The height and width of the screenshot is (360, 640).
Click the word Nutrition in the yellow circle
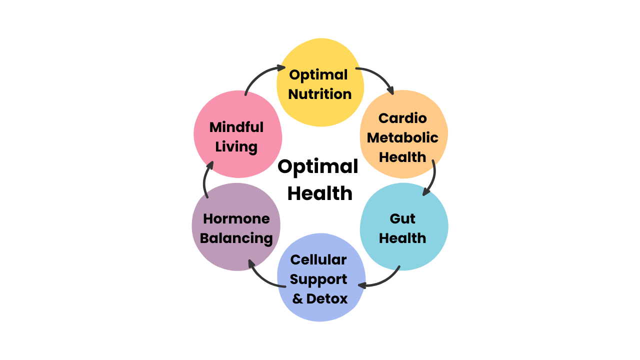[320, 94]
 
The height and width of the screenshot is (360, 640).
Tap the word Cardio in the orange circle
[402, 118]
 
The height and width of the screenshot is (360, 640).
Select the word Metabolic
[402, 137]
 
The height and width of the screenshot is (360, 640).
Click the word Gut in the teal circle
[402, 218]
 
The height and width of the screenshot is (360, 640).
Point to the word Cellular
[318, 259]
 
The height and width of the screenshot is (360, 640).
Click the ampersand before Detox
[297, 299]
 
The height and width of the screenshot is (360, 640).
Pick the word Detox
[327, 299]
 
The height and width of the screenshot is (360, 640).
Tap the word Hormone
[236, 218]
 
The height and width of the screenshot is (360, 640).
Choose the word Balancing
[236, 238]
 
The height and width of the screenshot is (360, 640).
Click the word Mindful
[236, 127]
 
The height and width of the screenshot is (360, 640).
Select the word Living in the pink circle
[236, 147]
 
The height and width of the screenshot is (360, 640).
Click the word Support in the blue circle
[318, 279]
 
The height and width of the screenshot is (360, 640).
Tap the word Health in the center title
[319, 193]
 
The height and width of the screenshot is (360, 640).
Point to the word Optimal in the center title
[318, 166]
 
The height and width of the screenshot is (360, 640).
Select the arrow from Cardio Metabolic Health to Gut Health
[432, 177]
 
